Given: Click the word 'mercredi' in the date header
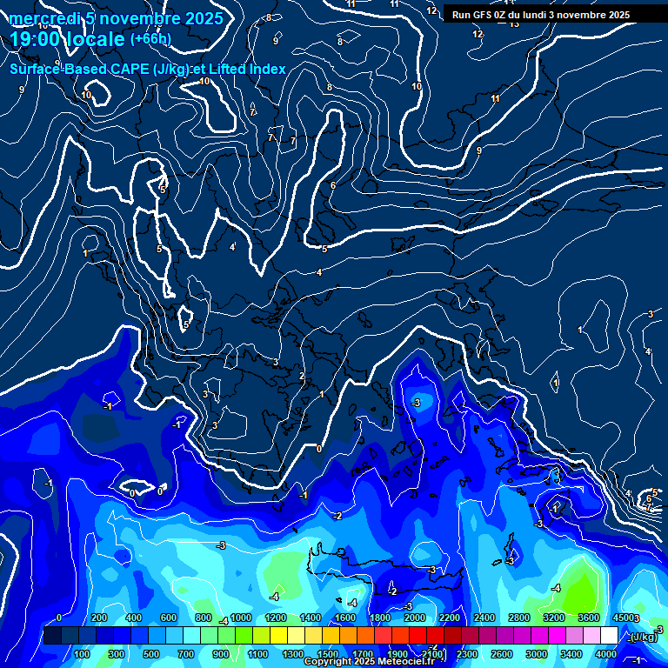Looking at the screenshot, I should click(x=43, y=18).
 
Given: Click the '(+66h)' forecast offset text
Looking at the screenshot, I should click(x=150, y=39).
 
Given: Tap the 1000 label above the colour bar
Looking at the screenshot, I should click(x=241, y=618).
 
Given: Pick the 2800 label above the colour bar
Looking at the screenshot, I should click(x=519, y=618).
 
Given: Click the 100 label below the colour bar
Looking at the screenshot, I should click(x=82, y=654).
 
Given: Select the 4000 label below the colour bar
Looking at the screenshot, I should click(x=606, y=654).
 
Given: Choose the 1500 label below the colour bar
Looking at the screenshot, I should click(x=327, y=654).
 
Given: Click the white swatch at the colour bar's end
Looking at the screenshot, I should click(x=609, y=636).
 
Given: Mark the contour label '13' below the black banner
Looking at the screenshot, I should click(x=514, y=23).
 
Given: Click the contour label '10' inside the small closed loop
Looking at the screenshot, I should click(x=87, y=95).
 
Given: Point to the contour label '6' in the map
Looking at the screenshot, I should click(x=333, y=185).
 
